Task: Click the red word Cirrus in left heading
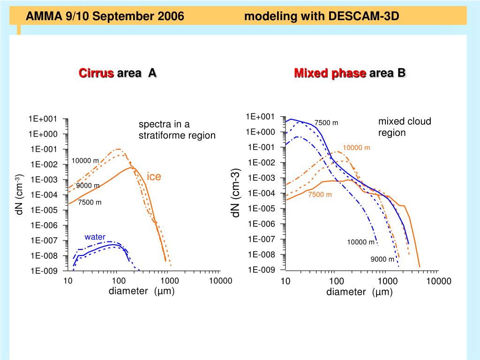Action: pos(96,73)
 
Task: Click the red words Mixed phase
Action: pos(330,73)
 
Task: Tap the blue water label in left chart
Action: pos(95,237)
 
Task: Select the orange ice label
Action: pos(154,177)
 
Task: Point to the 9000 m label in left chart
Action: pos(88,185)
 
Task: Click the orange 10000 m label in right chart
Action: pos(356,148)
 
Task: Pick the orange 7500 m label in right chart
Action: pos(320,195)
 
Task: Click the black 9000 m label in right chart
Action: pos(382,259)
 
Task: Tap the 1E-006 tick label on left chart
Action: pos(44,225)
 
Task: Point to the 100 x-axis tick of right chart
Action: pos(337,281)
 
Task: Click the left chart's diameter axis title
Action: pos(142,291)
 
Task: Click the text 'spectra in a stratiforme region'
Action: pos(177,130)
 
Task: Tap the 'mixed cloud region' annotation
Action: pos(404,127)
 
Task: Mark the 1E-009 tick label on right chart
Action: pos(262,270)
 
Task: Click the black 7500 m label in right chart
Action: pos(326,123)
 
